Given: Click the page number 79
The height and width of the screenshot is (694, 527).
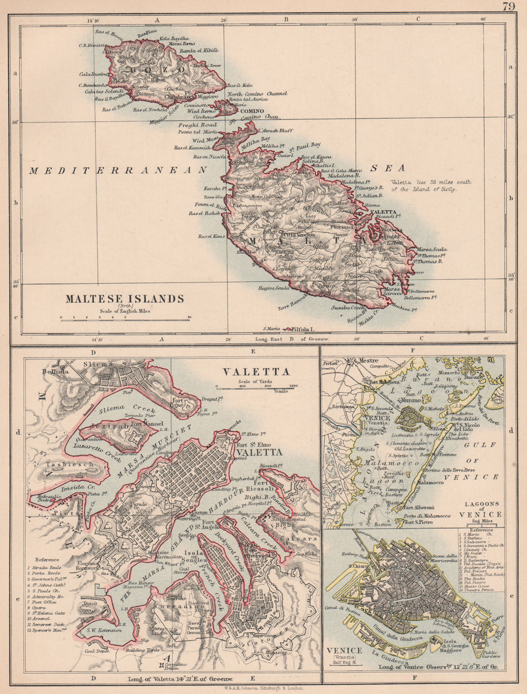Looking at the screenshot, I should [x=509, y=7].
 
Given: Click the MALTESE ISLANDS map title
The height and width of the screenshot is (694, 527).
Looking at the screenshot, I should [x=124, y=299].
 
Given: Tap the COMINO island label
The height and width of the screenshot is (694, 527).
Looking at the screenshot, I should [x=252, y=112].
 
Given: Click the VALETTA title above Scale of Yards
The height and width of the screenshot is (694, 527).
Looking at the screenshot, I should [x=256, y=371].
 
